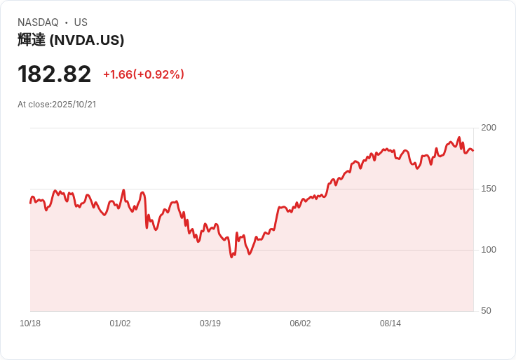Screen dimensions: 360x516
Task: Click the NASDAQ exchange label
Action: [x=38, y=22]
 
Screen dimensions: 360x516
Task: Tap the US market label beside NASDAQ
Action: [x=81, y=22]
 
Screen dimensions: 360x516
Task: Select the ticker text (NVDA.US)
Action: [x=87, y=40]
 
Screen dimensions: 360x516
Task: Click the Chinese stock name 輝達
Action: [x=32, y=40]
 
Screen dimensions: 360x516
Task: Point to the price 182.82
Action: [x=55, y=74]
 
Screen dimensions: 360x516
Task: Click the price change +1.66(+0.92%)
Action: [x=143, y=74]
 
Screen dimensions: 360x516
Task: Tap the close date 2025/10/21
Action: [x=74, y=105]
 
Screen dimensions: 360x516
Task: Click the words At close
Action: [x=34, y=105]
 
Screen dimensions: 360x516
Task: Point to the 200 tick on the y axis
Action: [x=489, y=128]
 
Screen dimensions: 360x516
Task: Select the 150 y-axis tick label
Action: [x=489, y=189]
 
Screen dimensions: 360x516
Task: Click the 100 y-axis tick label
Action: [x=489, y=250]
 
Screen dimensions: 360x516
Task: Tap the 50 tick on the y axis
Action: [x=486, y=311]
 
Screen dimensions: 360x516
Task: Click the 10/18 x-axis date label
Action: [x=30, y=324]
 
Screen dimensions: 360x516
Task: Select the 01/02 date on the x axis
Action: [x=120, y=324]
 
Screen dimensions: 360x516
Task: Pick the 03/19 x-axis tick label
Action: [x=210, y=324]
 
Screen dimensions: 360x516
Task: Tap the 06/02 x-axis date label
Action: [x=300, y=324]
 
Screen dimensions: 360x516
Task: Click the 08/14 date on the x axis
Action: [x=391, y=324]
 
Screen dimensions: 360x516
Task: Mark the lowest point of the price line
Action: [x=231, y=257]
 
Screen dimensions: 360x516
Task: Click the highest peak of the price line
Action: [x=459, y=138]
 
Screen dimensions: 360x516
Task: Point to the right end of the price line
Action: [x=473, y=150]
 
